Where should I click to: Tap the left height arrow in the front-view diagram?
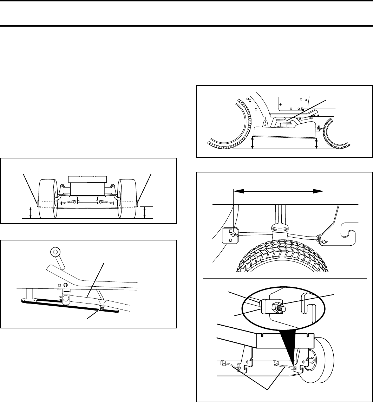point(31,212)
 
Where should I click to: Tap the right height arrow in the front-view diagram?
point(145,212)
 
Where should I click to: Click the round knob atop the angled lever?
point(55,252)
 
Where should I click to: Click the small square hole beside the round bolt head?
point(59,285)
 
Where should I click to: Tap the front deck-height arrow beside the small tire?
point(317,143)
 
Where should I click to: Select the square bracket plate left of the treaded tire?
point(230,235)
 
